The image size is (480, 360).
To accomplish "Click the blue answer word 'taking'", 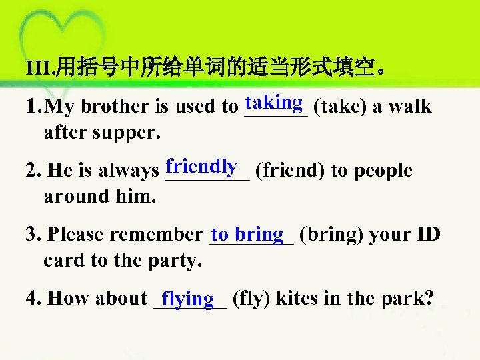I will coord(275,103).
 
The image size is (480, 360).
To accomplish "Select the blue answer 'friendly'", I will coord(202,166).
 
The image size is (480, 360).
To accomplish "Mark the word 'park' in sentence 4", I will coord(405,298).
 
